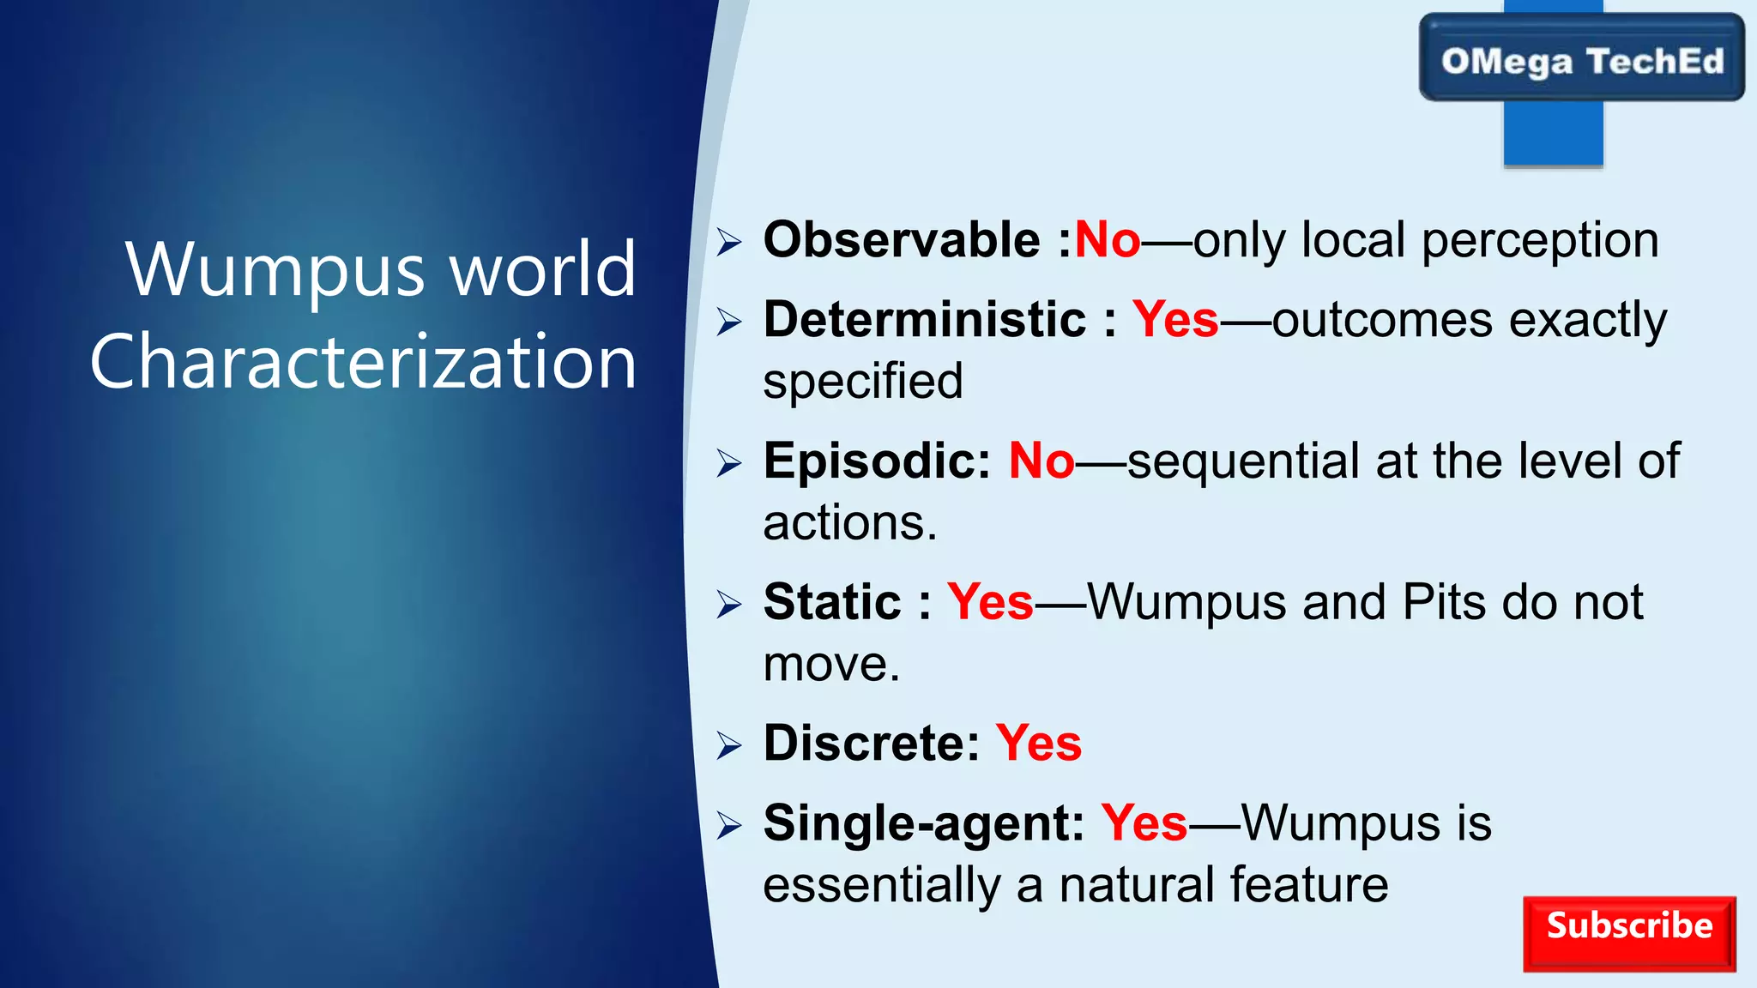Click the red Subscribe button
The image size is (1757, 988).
click(x=1628, y=933)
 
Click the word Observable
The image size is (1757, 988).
click(x=902, y=239)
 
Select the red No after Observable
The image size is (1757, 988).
click(x=1107, y=239)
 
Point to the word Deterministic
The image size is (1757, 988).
click(x=925, y=320)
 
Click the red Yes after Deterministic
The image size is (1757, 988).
click(x=1174, y=320)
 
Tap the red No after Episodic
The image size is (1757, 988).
click(x=1041, y=461)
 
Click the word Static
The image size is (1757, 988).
click(x=832, y=602)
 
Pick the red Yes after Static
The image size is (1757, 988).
click(x=990, y=602)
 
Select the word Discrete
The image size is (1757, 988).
click(x=871, y=743)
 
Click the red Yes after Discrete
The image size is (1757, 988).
click(x=1038, y=743)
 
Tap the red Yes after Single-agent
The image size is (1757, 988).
click(x=1144, y=823)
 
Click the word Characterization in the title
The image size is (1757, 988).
click(x=364, y=362)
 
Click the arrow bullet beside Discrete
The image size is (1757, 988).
click(x=728, y=745)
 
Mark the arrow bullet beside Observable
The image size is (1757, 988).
click(x=728, y=242)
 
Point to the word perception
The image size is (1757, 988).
click(x=1540, y=241)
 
